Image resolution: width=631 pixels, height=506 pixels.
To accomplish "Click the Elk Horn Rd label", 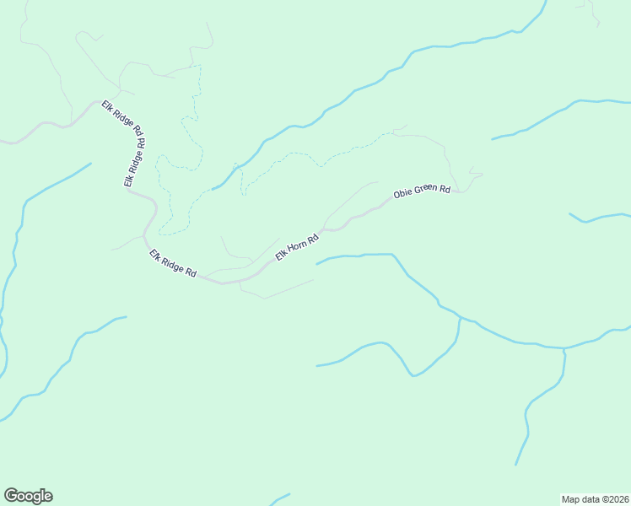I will [x=296, y=246].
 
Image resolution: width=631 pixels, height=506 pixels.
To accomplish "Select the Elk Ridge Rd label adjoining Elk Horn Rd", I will [x=173, y=263].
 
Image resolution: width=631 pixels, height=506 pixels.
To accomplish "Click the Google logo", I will [x=28, y=496].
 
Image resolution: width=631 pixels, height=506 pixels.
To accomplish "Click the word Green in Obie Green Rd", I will [x=424, y=191].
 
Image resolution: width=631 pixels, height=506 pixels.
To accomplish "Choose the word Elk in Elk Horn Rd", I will [x=281, y=256].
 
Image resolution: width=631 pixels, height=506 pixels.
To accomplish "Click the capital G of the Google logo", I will [x=11, y=496].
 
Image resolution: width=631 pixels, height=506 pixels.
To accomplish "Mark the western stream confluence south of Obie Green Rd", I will [x=460, y=318].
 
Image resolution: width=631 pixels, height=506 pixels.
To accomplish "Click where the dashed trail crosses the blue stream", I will [x=237, y=167].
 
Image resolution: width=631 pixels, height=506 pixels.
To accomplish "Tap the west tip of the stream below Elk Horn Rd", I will [x=317, y=264].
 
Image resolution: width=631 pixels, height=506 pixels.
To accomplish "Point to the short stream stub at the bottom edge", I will [x=280, y=498].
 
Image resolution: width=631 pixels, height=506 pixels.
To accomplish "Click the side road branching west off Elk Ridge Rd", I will [x=127, y=244].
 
